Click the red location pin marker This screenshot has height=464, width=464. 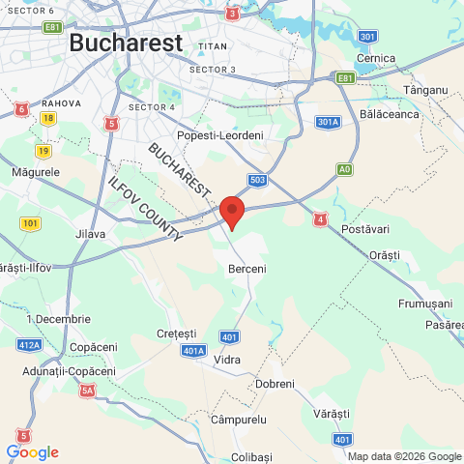pyautogui.click(x=232, y=211)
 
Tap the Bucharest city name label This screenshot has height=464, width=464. pyautogui.click(x=126, y=43)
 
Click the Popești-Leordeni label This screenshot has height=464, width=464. pyautogui.click(x=219, y=136)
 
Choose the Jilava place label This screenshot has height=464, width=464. pyautogui.click(x=90, y=234)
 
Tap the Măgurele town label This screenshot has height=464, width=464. pyautogui.click(x=36, y=171)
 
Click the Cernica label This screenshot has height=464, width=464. pyautogui.click(x=376, y=58)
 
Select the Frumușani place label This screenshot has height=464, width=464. pyautogui.click(x=425, y=303)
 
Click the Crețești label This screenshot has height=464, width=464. pyautogui.click(x=176, y=333)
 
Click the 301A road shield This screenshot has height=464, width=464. pyautogui.click(x=328, y=122)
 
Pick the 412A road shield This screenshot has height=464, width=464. pyautogui.click(x=29, y=344)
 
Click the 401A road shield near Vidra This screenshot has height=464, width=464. pyautogui.click(x=193, y=351)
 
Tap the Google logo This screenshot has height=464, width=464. pyautogui.click(x=32, y=452)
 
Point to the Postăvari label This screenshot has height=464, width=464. pyautogui.click(x=365, y=229)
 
